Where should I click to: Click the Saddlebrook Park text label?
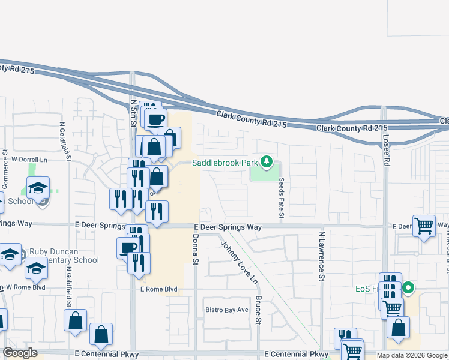click(224, 163)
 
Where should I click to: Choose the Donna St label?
click(195, 250)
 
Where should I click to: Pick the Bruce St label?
click(259, 310)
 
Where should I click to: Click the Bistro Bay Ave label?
click(228, 310)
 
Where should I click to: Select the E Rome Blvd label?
click(159, 289)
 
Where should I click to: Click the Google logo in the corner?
click(20, 353)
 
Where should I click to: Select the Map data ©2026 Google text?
click(411, 355)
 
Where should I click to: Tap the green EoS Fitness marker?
click(409, 289)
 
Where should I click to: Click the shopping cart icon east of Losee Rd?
click(424, 226)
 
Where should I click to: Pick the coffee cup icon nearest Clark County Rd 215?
click(155, 119)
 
